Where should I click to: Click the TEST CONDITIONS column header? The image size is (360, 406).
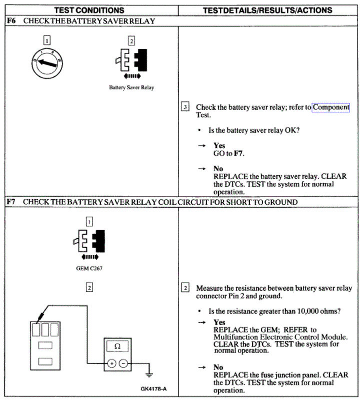click(x=90, y=10)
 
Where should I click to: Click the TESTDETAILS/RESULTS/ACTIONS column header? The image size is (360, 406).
click(x=267, y=10)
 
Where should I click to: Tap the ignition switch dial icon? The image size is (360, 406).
click(x=47, y=64)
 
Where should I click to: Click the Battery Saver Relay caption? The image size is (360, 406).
click(x=131, y=88)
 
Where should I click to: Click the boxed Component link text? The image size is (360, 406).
click(x=331, y=107)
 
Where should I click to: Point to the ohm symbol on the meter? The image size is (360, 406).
click(x=117, y=346)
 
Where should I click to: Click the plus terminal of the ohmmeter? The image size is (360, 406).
click(x=111, y=364)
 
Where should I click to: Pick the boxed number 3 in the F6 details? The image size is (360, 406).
click(x=185, y=107)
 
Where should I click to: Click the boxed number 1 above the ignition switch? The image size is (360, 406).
click(x=47, y=40)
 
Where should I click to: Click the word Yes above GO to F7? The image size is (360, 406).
click(x=219, y=146)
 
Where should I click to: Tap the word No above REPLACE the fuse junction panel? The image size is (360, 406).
click(x=218, y=368)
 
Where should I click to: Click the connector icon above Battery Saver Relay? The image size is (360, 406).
click(x=132, y=62)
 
